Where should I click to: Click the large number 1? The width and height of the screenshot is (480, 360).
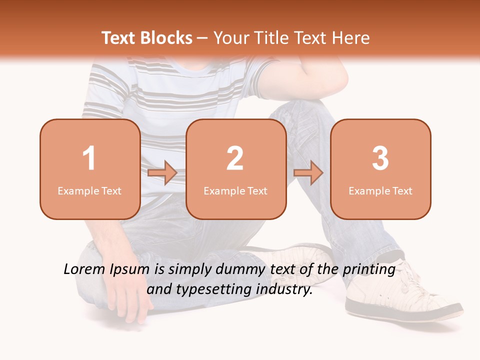(x=89, y=158)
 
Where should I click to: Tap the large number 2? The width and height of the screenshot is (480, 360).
(x=235, y=158)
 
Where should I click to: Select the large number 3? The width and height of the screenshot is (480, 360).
(x=380, y=158)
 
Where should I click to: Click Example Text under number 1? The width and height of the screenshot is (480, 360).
(x=89, y=191)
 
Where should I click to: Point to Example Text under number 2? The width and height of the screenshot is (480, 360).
(x=235, y=191)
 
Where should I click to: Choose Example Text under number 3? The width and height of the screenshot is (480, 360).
(x=380, y=191)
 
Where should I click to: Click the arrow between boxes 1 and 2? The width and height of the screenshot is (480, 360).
(x=162, y=173)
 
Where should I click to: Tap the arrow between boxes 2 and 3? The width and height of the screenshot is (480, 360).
(x=308, y=173)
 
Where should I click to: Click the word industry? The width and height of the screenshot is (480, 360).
(x=284, y=289)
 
